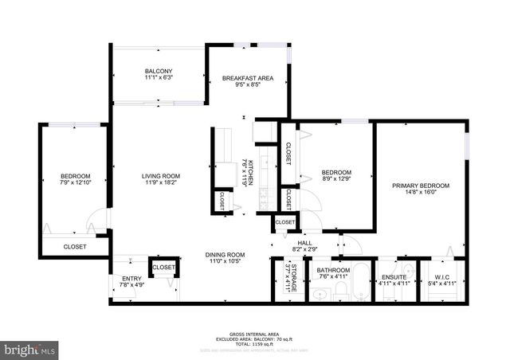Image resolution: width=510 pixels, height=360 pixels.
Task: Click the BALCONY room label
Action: pos(159,72)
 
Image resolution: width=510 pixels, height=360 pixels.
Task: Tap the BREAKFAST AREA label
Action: pos(248,78)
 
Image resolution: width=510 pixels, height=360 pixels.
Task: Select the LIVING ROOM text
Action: pos(161,176)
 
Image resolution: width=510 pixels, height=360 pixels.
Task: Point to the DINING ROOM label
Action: pos(226,255)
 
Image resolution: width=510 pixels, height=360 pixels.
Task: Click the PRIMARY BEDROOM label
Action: pos(420,186)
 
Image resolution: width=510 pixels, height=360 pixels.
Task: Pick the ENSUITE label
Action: pos(393,270)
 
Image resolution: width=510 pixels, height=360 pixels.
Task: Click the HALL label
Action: pos(304,243)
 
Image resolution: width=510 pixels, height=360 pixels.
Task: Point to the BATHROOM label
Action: pos(333,270)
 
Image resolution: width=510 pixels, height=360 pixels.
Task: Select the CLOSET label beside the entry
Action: pos(163,268)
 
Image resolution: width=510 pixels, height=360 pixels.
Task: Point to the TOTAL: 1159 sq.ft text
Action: pos(255,343)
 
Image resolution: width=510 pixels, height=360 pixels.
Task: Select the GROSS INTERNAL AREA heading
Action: pos(254,334)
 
